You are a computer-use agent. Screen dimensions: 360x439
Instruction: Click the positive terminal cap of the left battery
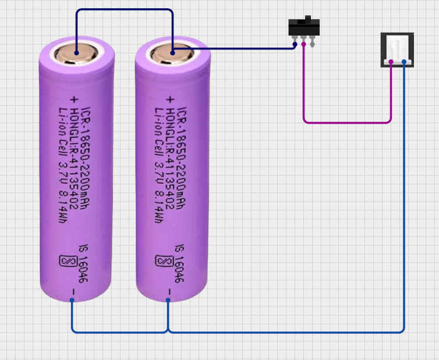pos(76,54)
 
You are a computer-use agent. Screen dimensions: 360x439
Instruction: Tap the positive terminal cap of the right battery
pos(172,54)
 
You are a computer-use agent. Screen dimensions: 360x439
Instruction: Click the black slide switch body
pos(304,28)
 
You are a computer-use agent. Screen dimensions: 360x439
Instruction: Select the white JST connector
pos(397,49)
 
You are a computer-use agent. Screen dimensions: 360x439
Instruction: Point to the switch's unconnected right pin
pos(313,43)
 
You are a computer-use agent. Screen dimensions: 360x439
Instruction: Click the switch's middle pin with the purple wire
pos(303,43)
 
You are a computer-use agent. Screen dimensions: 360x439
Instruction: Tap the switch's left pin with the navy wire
pos(295,43)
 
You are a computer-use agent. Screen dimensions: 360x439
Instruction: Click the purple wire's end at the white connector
pos(391,61)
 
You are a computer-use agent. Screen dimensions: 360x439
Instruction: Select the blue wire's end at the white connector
pos(403,61)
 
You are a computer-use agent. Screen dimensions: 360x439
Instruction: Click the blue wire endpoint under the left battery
pos(72,300)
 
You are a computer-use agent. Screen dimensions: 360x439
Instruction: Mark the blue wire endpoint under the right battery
pos(168,300)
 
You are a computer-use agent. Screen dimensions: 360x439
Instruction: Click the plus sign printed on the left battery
pos(73,98)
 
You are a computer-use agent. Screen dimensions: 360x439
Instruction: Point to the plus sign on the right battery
pos(169,98)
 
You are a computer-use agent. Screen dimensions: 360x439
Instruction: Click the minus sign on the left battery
pos(73,290)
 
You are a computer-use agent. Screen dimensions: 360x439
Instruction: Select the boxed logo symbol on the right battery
pos(161,262)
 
